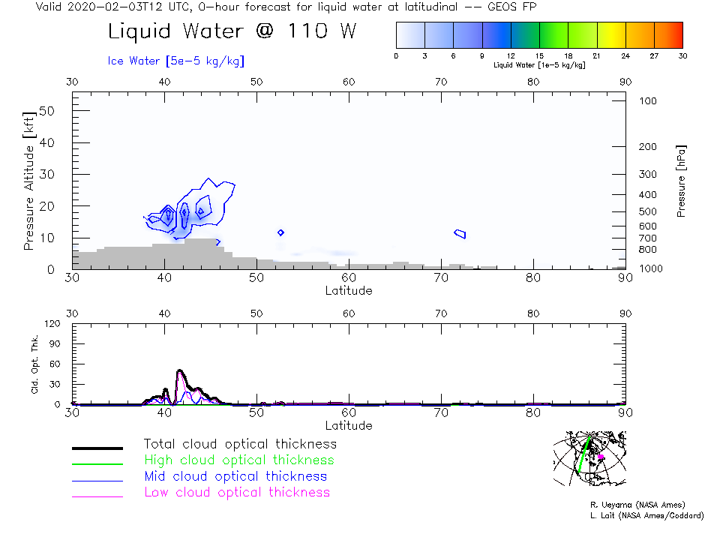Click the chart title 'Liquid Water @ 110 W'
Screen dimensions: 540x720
tap(232, 32)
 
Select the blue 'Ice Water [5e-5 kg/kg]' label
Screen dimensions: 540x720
tap(176, 61)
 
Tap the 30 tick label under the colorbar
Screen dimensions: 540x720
tap(682, 55)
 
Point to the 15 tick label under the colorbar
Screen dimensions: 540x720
tap(539, 55)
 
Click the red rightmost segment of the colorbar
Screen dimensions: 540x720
tap(668, 34)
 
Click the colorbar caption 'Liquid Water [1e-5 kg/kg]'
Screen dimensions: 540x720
tap(539, 65)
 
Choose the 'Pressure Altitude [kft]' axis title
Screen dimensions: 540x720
tap(29, 181)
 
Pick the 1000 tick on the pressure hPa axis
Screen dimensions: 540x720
tap(649, 268)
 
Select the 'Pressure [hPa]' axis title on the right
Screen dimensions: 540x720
tap(681, 181)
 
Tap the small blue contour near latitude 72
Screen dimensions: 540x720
tap(460, 234)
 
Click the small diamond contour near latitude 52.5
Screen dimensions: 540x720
tap(280, 232)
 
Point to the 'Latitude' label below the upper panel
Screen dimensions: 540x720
tap(349, 290)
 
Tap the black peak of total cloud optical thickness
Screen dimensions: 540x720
tap(180, 370)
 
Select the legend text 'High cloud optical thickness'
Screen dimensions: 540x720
tap(239, 460)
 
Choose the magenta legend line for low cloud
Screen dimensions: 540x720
tap(97, 496)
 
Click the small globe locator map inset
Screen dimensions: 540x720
tap(589, 458)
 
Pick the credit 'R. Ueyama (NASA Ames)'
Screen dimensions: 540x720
tap(637, 505)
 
